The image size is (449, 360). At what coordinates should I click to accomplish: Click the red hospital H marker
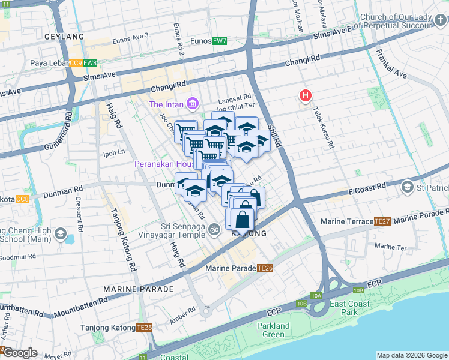click(x=306, y=95)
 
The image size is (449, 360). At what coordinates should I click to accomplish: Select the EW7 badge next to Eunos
click(x=220, y=41)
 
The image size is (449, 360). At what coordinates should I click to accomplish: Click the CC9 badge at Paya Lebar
click(x=76, y=63)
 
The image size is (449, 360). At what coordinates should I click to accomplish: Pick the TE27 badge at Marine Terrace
click(x=382, y=221)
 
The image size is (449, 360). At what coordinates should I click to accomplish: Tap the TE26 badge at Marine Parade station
click(x=265, y=268)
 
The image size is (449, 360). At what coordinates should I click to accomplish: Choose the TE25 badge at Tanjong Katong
click(x=144, y=327)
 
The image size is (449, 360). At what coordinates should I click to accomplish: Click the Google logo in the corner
click(x=20, y=353)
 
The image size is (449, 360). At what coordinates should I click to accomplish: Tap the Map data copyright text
click(x=411, y=355)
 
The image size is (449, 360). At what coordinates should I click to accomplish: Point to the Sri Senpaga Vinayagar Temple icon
click(x=214, y=229)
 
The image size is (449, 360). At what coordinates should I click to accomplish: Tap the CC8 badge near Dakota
click(x=23, y=199)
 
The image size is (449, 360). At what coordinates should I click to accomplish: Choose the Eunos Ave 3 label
click(x=129, y=36)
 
